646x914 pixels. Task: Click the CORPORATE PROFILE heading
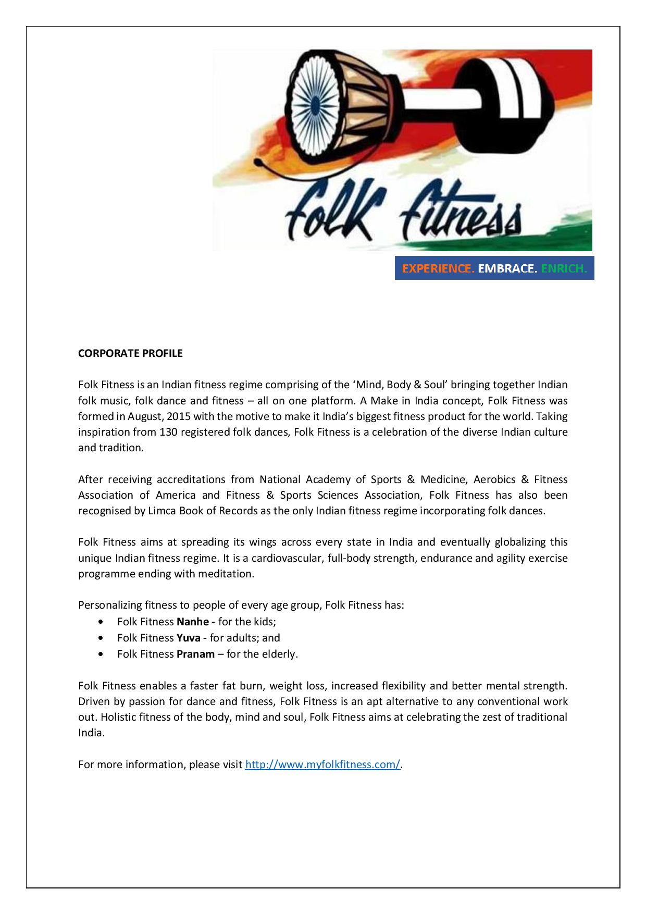pyautogui.click(x=130, y=353)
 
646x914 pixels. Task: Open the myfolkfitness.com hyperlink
pyautogui.click(x=322, y=764)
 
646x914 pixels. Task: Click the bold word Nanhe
pyautogui.click(x=193, y=622)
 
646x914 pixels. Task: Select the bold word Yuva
pyautogui.click(x=189, y=637)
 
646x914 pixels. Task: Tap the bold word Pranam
pyautogui.click(x=195, y=653)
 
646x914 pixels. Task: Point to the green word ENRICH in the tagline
pyautogui.click(x=564, y=269)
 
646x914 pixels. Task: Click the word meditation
pyautogui.click(x=228, y=574)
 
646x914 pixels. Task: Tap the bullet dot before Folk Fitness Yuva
pyautogui.click(x=101, y=638)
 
